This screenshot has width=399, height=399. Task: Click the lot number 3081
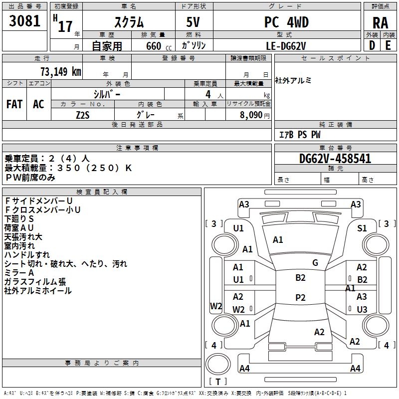[25, 22]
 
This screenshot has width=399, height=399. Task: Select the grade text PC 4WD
[286, 22]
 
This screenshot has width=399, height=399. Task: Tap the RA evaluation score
[380, 23]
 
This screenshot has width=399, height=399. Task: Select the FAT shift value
[14, 104]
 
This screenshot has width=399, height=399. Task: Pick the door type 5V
[194, 23]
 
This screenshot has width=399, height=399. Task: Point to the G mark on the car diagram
[315, 263]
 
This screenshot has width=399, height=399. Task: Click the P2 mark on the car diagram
[300, 297]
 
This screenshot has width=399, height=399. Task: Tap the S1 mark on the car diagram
[362, 228]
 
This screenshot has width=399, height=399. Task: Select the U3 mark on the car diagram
[362, 309]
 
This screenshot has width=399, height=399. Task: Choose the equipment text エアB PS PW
[300, 135]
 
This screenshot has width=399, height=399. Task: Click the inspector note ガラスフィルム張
[35, 282]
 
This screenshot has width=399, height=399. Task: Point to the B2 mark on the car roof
[300, 278]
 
